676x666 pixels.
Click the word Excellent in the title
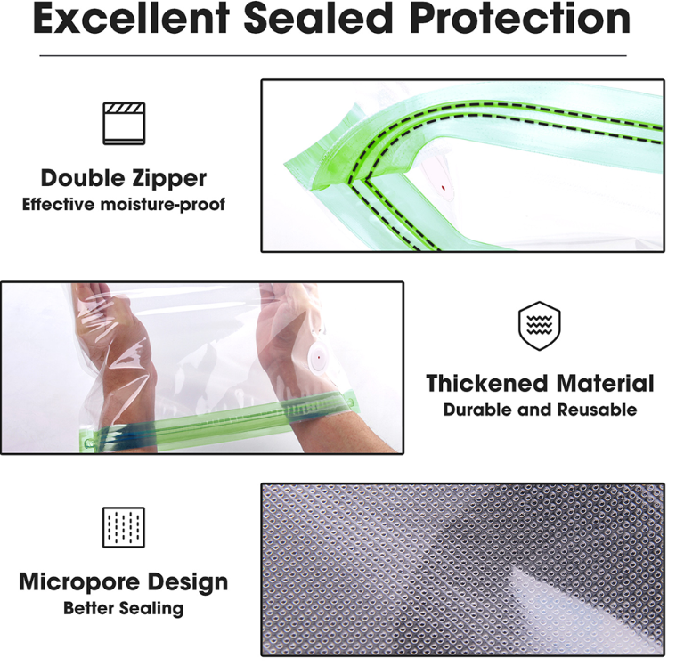click(x=131, y=20)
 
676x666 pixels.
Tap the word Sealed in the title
click(x=318, y=20)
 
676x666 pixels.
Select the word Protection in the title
click(x=519, y=20)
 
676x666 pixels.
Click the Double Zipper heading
click(x=123, y=178)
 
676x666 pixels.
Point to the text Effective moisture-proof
click(x=123, y=204)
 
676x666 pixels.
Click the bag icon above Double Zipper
click(x=124, y=123)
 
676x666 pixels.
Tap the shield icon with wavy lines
click(x=540, y=326)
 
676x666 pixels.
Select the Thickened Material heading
click(x=540, y=383)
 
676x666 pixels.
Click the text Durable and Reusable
click(x=540, y=410)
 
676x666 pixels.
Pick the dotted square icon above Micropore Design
click(x=124, y=527)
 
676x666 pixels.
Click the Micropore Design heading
click(x=123, y=582)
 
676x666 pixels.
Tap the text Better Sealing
click(x=123, y=608)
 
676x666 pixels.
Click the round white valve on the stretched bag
click(x=318, y=357)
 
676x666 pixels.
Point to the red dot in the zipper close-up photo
click(x=444, y=188)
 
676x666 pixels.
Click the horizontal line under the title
click(x=333, y=55)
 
